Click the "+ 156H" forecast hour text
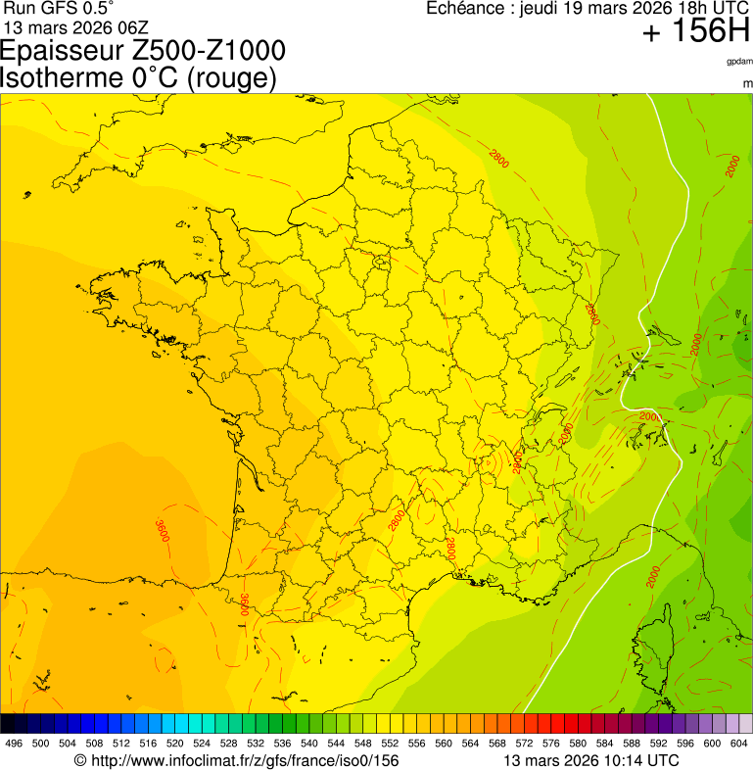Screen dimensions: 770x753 click(694, 32)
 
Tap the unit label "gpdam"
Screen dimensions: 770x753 click(739, 61)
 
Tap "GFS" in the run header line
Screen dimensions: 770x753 click(58, 8)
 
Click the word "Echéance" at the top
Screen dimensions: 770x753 click(464, 8)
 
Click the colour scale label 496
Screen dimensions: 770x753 click(14, 745)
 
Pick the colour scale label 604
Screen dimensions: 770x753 click(739, 745)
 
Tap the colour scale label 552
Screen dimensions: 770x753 click(390, 745)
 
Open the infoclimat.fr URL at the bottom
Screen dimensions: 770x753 click(245, 760)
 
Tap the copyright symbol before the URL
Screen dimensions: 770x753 click(81, 760)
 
